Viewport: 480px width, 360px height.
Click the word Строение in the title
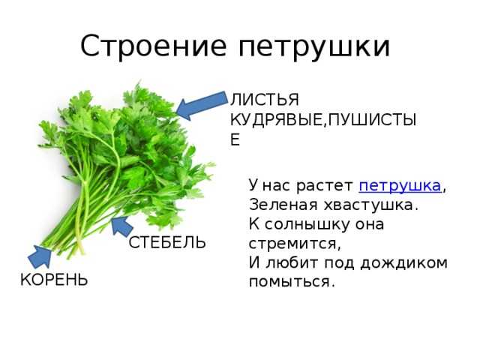(153, 46)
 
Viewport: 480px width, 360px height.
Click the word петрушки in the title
(314, 48)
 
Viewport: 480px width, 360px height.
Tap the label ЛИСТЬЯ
(265, 100)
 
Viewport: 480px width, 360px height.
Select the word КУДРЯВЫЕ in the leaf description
(276, 120)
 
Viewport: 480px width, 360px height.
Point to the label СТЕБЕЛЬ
(167, 243)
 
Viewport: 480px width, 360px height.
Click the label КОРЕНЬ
(54, 280)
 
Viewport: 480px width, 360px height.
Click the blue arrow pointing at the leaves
(202, 105)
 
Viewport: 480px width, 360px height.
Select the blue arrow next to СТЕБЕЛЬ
(121, 226)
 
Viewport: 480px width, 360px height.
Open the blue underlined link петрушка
(400, 185)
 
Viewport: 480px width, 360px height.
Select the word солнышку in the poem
(307, 225)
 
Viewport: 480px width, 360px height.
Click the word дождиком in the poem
(403, 263)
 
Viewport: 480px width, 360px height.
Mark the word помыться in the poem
(290, 282)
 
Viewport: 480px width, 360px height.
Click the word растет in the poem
(325, 186)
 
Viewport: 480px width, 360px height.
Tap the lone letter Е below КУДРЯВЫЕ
(235, 140)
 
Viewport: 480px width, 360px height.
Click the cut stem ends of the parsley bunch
(61, 248)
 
